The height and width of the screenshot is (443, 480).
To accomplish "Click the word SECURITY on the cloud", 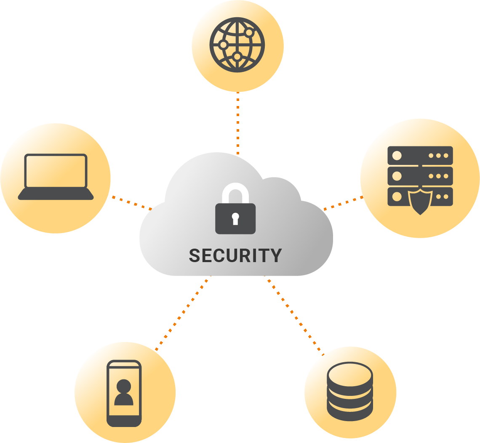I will (235, 255).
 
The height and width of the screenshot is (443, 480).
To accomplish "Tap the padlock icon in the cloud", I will (235, 212).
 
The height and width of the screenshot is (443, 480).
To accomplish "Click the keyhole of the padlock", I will (235, 218).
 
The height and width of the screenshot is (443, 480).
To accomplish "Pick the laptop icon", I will (56, 177).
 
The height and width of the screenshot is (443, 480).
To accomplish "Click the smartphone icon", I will (124, 393).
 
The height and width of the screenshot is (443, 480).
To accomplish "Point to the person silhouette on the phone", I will (124, 393).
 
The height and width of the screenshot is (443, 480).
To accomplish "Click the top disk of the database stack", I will (350, 373).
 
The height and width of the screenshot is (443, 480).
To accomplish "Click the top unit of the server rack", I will (420, 155).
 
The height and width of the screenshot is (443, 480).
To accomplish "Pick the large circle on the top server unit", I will (397, 156).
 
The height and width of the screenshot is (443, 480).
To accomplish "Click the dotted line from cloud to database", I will (294, 314).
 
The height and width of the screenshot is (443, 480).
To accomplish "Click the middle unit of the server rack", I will (420, 176).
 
